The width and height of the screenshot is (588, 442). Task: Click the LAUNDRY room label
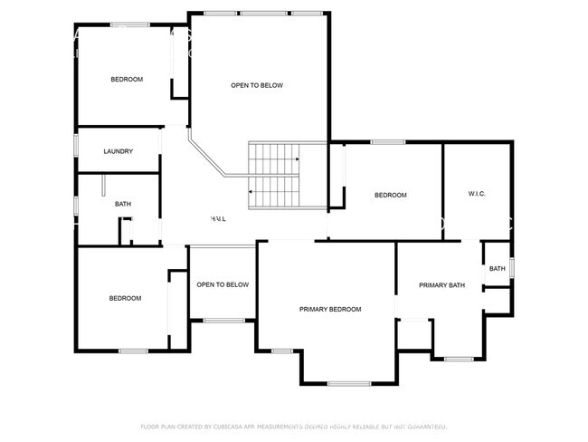(x=119, y=151)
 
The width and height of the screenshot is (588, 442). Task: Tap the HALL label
(x=218, y=219)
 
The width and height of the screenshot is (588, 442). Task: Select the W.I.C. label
(x=478, y=194)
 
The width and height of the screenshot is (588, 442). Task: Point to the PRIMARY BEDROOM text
(x=330, y=310)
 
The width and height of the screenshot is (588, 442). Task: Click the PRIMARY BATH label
(x=441, y=285)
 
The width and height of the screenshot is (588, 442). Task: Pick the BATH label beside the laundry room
(x=123, y=204)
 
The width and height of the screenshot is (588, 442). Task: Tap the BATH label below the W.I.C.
(x=498, y=269)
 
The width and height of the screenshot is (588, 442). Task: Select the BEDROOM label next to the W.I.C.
(x=391, y=195)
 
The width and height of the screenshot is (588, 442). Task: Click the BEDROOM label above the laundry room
(x=127, y=80)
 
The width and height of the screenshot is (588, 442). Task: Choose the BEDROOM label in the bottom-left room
(x=125, y=299)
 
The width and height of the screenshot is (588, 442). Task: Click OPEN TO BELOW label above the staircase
(x=257, y=85)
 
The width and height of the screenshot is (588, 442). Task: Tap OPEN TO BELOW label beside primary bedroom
(x=223, y=284)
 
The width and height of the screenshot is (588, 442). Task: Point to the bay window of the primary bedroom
(x=349, y=384)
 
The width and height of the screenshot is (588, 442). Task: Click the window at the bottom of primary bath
(x=458, y=359)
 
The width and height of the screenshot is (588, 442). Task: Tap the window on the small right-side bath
(x=512, y=268)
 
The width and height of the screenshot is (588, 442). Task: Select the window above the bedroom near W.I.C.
(x=388, y=141)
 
